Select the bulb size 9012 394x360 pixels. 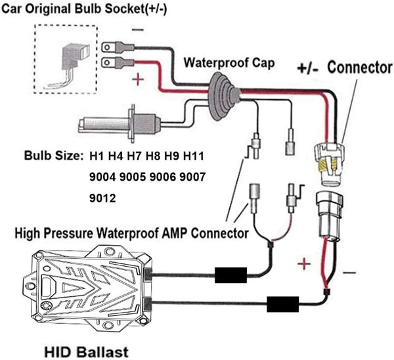click(103, 196)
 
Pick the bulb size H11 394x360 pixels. click(195, 156)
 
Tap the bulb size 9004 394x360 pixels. click(104, 177)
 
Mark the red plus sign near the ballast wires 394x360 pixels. click(304, 265)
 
